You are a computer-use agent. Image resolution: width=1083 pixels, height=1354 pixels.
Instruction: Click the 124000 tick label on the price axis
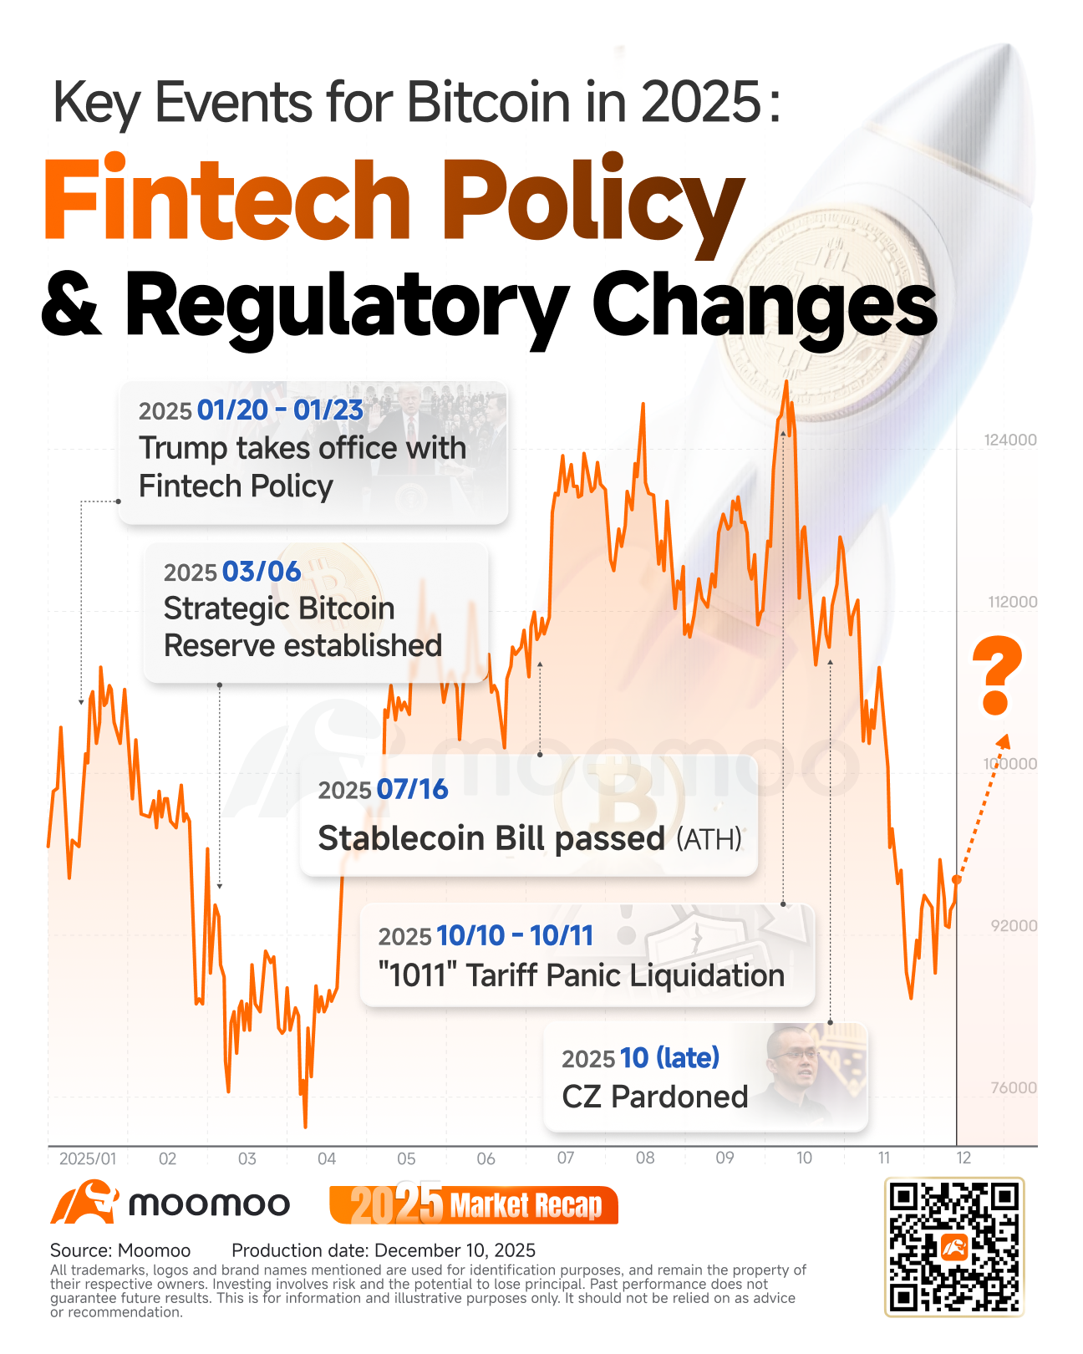pos(1009,440)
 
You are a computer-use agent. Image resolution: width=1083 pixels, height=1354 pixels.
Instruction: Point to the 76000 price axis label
pos(1013,1087)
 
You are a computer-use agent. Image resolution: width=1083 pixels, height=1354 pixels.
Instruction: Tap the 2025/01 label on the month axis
pos(88,1158)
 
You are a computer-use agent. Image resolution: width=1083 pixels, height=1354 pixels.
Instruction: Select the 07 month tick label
pos(565,1158)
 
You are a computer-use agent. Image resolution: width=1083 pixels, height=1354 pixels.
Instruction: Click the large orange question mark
pos(996,675)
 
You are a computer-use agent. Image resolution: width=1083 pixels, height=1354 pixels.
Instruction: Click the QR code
pos(954,1247)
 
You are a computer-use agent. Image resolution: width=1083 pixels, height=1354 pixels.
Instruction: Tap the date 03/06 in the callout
pos(262,572)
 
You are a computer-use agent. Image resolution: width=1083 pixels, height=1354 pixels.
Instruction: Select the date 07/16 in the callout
pos(412,789)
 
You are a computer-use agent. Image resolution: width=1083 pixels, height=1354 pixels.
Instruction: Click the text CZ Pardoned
pos(654,1097)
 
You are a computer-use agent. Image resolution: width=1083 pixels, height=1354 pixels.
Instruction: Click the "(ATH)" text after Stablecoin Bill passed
pos(709,839)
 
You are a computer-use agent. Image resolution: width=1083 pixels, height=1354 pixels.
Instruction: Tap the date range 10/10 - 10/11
pos(515,935)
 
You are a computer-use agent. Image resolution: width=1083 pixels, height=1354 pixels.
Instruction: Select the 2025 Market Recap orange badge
pos(474,1204)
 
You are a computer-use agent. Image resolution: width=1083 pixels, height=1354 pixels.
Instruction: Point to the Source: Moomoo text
pos(120,1250)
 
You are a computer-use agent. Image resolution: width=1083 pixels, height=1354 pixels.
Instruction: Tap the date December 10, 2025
pos(455,1250)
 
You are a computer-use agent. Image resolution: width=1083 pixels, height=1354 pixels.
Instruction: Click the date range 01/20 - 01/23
pos(280,410)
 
